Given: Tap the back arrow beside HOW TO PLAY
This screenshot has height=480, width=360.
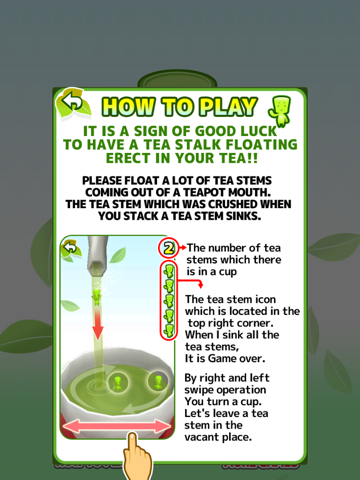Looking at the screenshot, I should (71, 101).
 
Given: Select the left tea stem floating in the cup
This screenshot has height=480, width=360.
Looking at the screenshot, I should (118, 382).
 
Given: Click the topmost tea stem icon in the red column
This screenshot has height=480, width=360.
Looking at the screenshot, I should (170, 273).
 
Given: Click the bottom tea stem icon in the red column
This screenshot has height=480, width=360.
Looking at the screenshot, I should (170, 329).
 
